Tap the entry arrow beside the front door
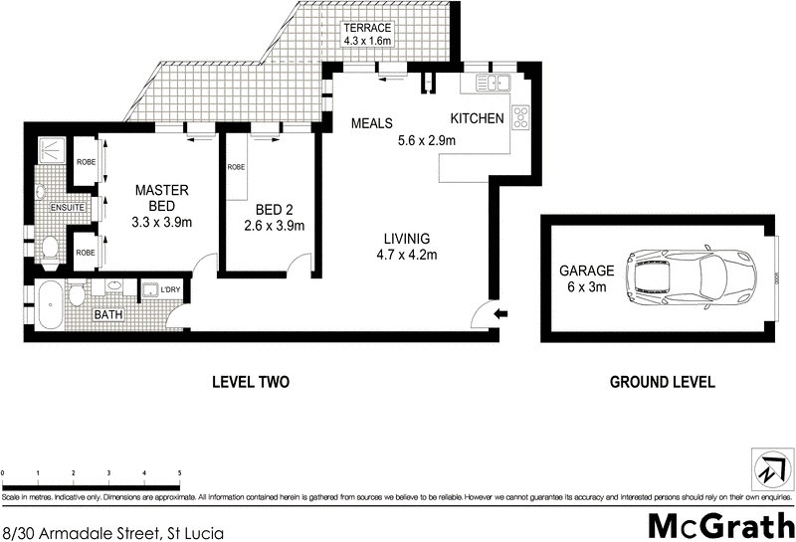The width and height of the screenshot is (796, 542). click(x=501, y=314)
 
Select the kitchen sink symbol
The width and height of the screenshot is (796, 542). click(x=492, y=84)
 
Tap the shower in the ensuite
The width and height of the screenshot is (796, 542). click(x=48, y=150)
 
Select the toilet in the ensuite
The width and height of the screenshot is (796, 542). click(x=49, y=248)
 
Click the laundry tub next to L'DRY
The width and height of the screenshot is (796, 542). click(x=151, y=290)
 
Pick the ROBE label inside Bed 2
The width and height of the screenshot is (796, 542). click(x=236, y=167)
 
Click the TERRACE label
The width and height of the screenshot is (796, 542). click(x=368, y=28)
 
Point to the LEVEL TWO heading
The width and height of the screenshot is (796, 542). click(x=251, y=382)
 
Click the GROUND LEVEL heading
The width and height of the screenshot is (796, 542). click(x=662, y=382)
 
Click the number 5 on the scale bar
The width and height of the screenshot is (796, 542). click(x=179, y=472)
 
